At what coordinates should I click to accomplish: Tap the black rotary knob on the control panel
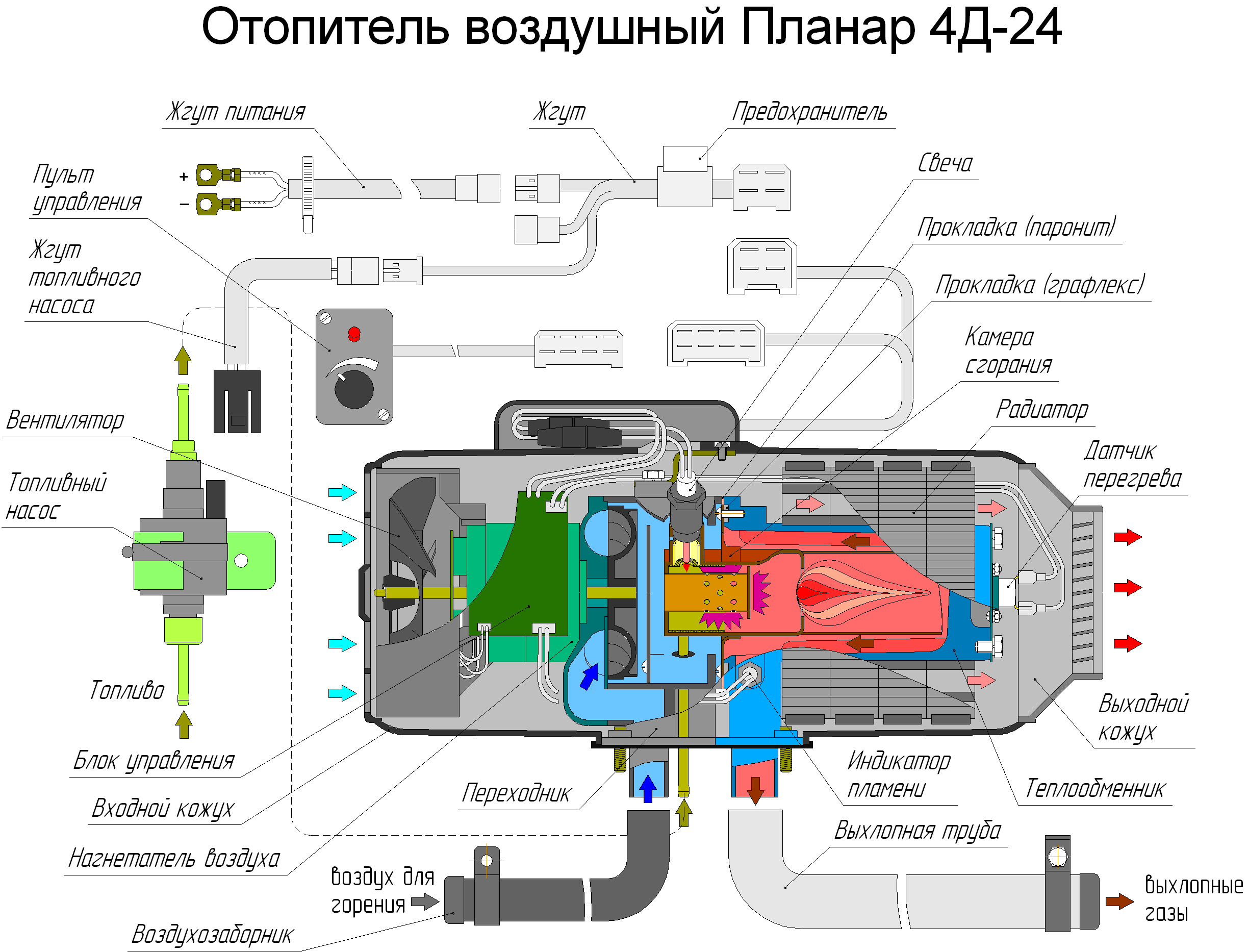pos(354,389)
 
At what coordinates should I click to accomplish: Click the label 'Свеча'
pos(945,163)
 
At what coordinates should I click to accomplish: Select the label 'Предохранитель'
pos(809,112)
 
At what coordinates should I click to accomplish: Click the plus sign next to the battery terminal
pos(184,177)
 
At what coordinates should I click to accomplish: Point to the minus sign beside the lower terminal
pos(184,204)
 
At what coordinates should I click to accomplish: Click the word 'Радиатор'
pos(1042,409)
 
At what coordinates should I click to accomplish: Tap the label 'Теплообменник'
pos(1094,788)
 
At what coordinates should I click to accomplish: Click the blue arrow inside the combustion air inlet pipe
pos(648,788)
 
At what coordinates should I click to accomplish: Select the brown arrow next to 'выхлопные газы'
pos(1119,901)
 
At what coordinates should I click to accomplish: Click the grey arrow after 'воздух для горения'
pos(424,901)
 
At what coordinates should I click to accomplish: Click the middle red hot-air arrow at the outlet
pos(1127,588)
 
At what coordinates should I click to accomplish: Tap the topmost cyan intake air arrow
pos(342,492)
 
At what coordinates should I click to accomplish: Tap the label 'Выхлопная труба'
pos(917,831)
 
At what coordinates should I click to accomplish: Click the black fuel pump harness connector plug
pos(237,401)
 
